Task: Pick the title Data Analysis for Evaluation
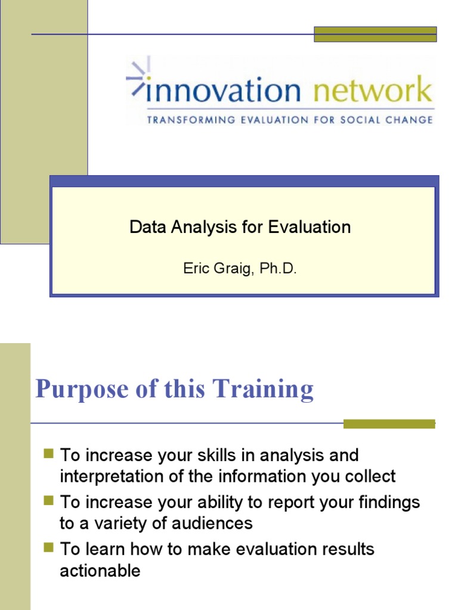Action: coord(240,227)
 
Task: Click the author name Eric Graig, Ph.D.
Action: coord(240,269)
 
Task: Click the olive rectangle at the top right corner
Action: coord(375,34)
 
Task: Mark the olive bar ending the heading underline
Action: coord(389,424)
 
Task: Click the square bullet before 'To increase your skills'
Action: coord(49,455)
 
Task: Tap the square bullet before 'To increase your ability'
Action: coord(49,502)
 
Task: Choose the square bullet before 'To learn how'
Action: coord(49,548)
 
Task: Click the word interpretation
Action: coord(112,477)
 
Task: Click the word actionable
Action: coord(100,571)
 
